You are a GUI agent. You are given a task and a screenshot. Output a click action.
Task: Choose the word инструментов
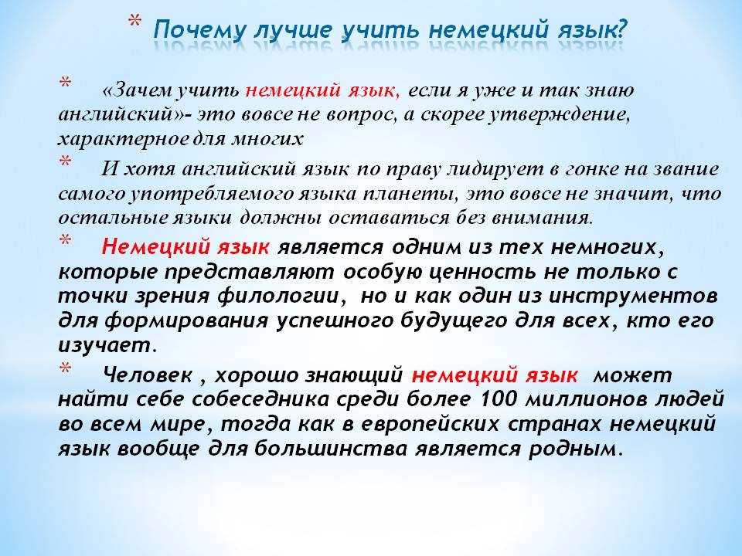pyautogui.click(x=633, y=297)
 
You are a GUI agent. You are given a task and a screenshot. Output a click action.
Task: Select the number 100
pyautogui.click(x=499, y=399)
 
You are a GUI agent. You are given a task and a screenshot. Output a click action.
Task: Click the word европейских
pyautogui.click(x=431, y=424)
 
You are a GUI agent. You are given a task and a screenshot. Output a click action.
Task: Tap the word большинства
pyautogui.click(x=330, y=449)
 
